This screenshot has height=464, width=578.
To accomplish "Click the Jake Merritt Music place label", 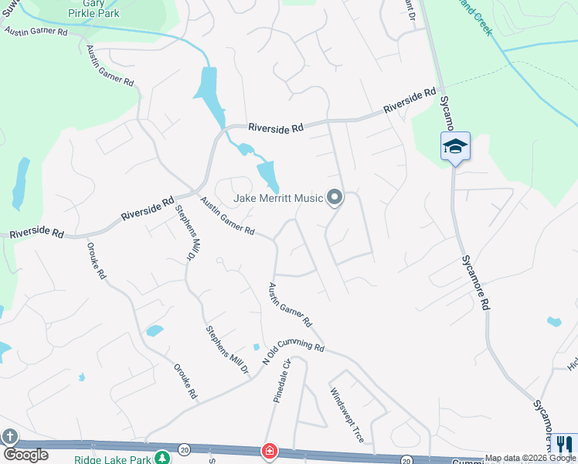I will pyautogui.click(x=278, y=199).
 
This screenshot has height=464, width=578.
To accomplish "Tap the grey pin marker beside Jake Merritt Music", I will pyautogui.click(x=335, y=199).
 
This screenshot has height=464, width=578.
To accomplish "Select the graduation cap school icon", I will pyautogui.click(x=455, y=146).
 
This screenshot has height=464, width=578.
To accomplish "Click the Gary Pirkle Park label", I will pyautogui.click(x=106, y=9).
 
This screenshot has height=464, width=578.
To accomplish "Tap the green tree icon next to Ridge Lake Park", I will pyautogui.click(x=162, y=458).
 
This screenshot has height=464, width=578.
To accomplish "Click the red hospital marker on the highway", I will pyautogui.click(x=269, y=451).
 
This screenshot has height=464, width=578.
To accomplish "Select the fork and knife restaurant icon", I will pyautogui.click(x=564, y=445).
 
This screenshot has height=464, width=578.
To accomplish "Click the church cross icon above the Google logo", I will pyautogui.click(x=10, y=437).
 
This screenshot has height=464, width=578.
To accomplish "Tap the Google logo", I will pyautogui.click(x=25, y=455).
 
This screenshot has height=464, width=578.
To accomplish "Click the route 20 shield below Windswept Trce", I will pyautogui.click(x=405, y=459).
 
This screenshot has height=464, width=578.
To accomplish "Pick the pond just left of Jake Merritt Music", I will pyautogui.click(x=267, y=176).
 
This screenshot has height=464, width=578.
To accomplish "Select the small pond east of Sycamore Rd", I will pyautogui.click(x=553, y=321).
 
